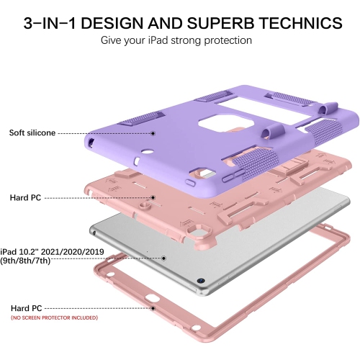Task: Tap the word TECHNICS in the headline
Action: [302, 23]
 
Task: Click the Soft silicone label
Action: [32, 132]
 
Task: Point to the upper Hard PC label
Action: [25, 197]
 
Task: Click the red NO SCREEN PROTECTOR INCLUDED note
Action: [54, 318]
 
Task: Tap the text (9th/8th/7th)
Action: [25, 261]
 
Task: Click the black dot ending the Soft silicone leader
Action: [153, 133]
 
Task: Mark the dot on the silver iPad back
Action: [163, 258]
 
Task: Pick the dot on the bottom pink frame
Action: [153, 308]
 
